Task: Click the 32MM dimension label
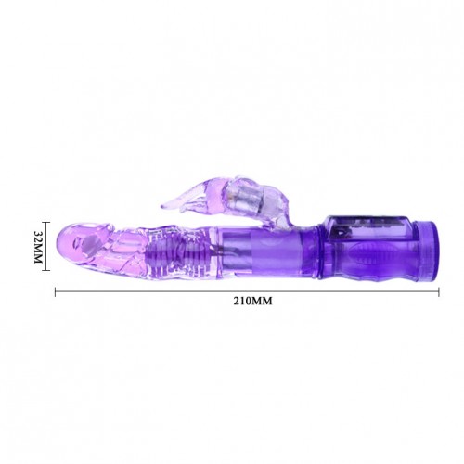pyautogui.click(x=38, y=247)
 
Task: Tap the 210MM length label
pyautogui.click(x=252, y=301)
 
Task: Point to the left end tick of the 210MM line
pyautogui.click(x=56, y=292)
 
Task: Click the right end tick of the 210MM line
pyautogui.click(x=439, y=292)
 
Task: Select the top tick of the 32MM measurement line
pyautogui.click(x=45, y=222)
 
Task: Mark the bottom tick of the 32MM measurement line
pyautogui.click(x=45, y=270)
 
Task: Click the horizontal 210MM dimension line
pyautogui.click(x=247, y=292)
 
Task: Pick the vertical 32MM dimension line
pyautogui.click(x=45, y=246)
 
